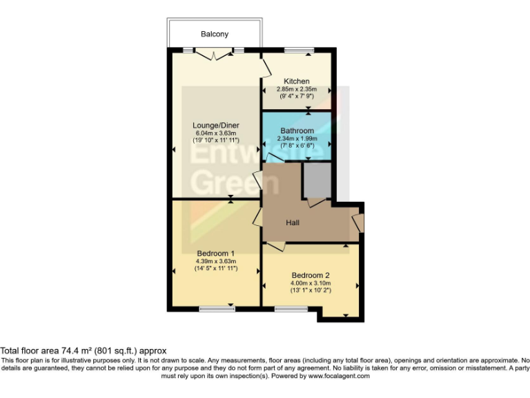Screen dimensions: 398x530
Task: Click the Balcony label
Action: [215, 34]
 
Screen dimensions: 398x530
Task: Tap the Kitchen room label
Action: [296, 82]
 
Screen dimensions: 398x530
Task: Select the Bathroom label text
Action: [297, 131]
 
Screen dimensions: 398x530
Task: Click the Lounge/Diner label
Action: [216, 125]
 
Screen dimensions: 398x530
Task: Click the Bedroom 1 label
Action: [215, 253]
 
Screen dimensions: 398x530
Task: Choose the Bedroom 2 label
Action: [311, 274]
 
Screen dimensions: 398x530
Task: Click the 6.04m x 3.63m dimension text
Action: [216, 133]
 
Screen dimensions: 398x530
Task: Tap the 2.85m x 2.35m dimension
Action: [296, 89]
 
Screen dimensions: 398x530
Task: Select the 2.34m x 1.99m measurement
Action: [297, 138]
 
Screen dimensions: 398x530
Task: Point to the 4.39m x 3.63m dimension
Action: [215, 261]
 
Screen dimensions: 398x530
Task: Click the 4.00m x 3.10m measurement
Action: [311, 283]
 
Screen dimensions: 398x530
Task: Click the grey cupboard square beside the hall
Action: [317, 180]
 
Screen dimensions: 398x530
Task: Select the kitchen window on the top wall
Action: [298, 50]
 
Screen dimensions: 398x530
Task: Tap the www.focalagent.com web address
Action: [339, 377]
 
